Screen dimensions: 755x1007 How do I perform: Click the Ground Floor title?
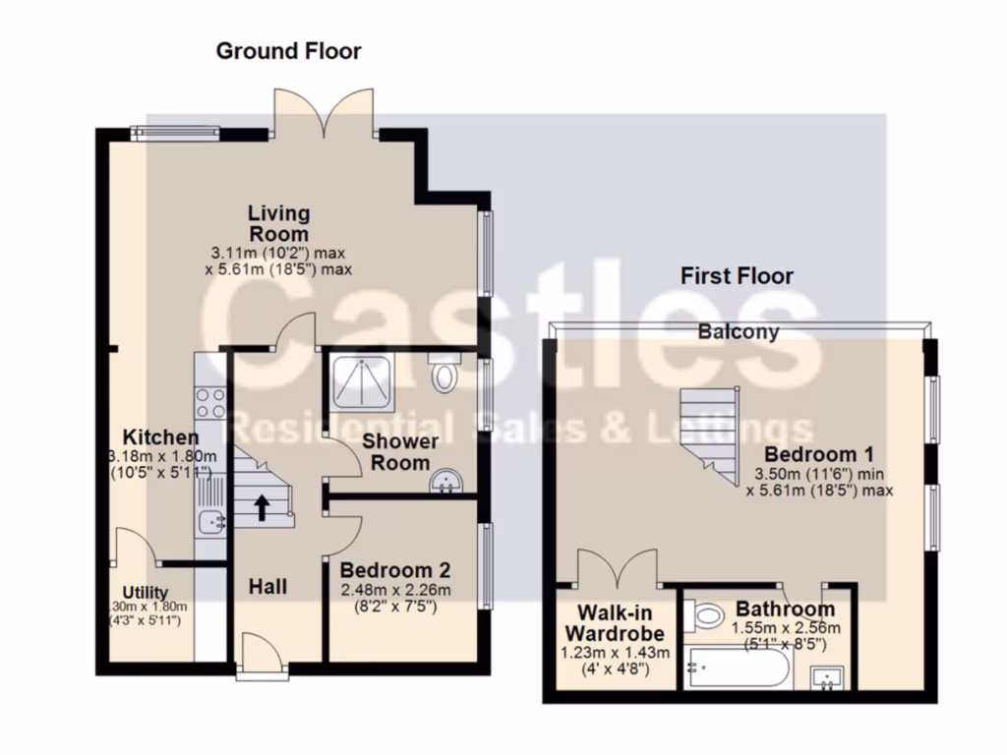point(288,51)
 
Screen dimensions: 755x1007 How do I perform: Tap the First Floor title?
point(737,276)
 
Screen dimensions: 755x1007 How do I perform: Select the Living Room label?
point(278,223)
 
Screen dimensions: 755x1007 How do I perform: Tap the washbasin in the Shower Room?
point(446,481)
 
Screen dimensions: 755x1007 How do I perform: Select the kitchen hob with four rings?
point(211,402)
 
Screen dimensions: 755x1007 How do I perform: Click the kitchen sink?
point(211,521)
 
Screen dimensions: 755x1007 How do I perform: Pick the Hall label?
point(267,587)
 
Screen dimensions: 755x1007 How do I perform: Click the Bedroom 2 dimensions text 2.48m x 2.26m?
point(395,590)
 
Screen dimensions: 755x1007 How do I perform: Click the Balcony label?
point(739,331)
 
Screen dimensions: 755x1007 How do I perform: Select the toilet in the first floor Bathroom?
point(707,615)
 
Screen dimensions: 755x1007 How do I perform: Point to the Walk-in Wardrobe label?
point(615,620)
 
